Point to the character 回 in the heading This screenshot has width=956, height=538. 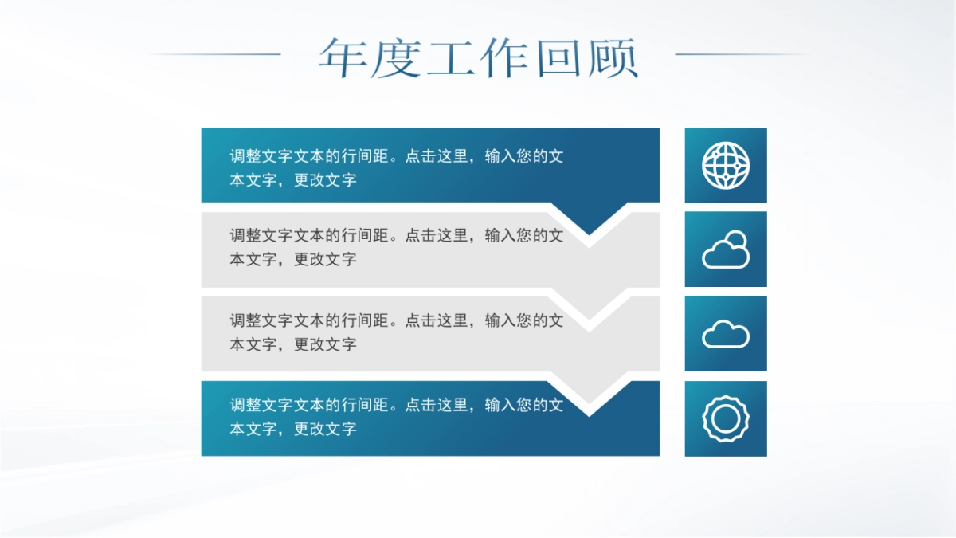[560, 57]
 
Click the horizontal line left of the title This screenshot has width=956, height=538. [215, 54]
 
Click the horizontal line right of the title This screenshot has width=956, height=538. [741, 54]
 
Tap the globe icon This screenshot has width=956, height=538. [726, 166]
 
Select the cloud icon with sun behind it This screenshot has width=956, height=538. [726, 250]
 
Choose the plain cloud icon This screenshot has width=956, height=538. [726, 334]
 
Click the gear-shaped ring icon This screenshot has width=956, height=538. [726, 418]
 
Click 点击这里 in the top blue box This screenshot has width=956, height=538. [437, 156]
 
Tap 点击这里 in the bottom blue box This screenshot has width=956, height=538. [437, 405]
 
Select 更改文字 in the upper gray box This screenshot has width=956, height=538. [325, 259]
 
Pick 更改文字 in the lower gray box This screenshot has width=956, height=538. [325, 344]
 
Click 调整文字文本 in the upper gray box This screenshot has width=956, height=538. [277, 235]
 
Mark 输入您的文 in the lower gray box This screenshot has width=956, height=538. [524, 320]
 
